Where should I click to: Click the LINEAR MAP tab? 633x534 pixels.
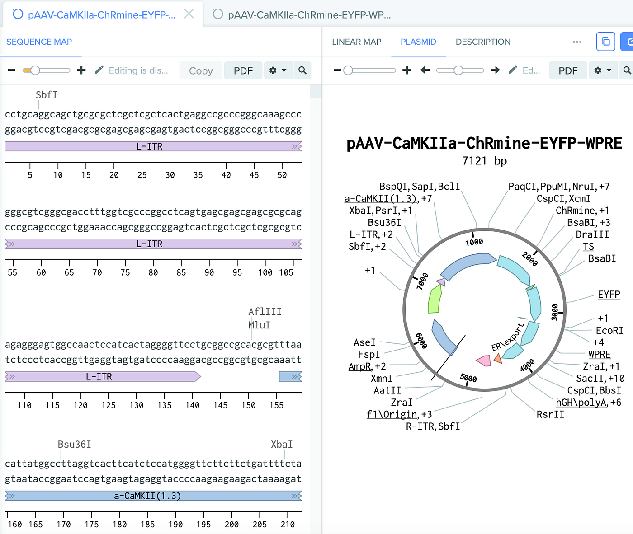[356, 42]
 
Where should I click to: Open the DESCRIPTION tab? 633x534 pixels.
[483, 42]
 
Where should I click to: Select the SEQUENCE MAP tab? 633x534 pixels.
[39, 42]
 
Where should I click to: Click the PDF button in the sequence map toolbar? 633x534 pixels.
[243, 71]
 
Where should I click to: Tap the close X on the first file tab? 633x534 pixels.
[189, 14]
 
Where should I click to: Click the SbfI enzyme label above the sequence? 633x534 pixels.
[47, 95]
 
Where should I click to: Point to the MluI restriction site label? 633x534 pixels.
[260, 325]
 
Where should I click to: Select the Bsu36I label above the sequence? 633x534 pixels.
[75, 445]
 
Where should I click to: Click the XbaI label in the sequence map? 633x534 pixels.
[282, 445]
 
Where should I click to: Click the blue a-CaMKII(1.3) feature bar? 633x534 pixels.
[148, 496]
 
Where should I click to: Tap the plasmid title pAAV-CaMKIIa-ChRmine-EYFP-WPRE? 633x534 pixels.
[484, 143]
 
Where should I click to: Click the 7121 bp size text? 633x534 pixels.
[484, 161]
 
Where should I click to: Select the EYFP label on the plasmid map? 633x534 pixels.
[609, 295]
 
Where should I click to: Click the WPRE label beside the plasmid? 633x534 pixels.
[600, 355]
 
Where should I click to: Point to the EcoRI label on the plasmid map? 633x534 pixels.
[609, 331]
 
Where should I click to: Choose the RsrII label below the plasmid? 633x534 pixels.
[550, 415]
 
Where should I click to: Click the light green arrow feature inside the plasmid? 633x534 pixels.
[435, 299]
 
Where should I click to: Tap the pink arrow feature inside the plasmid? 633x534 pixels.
[484, 361]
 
